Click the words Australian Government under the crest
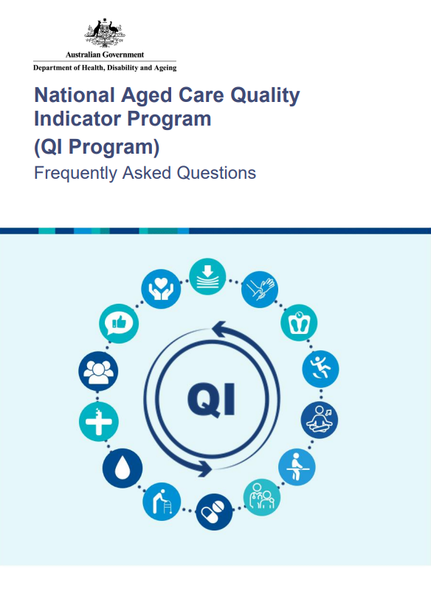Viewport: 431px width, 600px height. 105,55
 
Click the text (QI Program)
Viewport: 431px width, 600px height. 97,146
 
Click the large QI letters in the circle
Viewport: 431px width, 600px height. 212,400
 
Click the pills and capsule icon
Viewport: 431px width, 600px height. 213,514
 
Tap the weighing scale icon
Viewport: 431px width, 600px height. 300,322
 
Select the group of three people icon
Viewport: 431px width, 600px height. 97,372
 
